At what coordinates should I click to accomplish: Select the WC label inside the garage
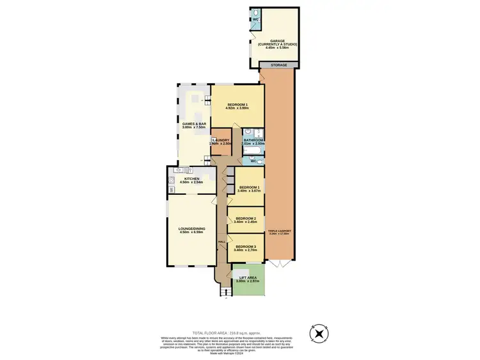[x=255, y=19]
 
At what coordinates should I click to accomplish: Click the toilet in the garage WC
[x=255, y=13]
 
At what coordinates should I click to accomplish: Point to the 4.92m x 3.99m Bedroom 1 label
[x=237, y=106]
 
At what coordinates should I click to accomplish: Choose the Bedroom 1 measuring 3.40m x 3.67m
[x=249, y=190]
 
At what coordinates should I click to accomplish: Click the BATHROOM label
[x=253, y=142]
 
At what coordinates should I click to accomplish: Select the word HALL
[x=221, y=242]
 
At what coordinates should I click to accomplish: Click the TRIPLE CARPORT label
[x=279, y=232]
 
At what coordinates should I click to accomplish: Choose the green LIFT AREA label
[x=247, y=279]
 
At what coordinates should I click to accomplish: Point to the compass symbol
[x=318, y=334]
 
